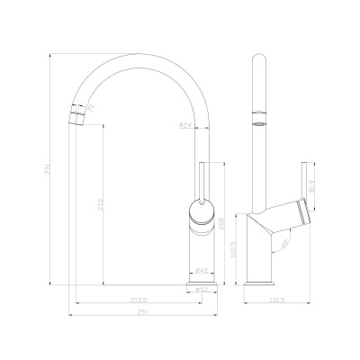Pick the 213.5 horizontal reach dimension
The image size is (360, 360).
click(139, 300)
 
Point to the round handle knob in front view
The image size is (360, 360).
click(202, 213)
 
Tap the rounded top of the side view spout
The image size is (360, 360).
click(258, 61)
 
